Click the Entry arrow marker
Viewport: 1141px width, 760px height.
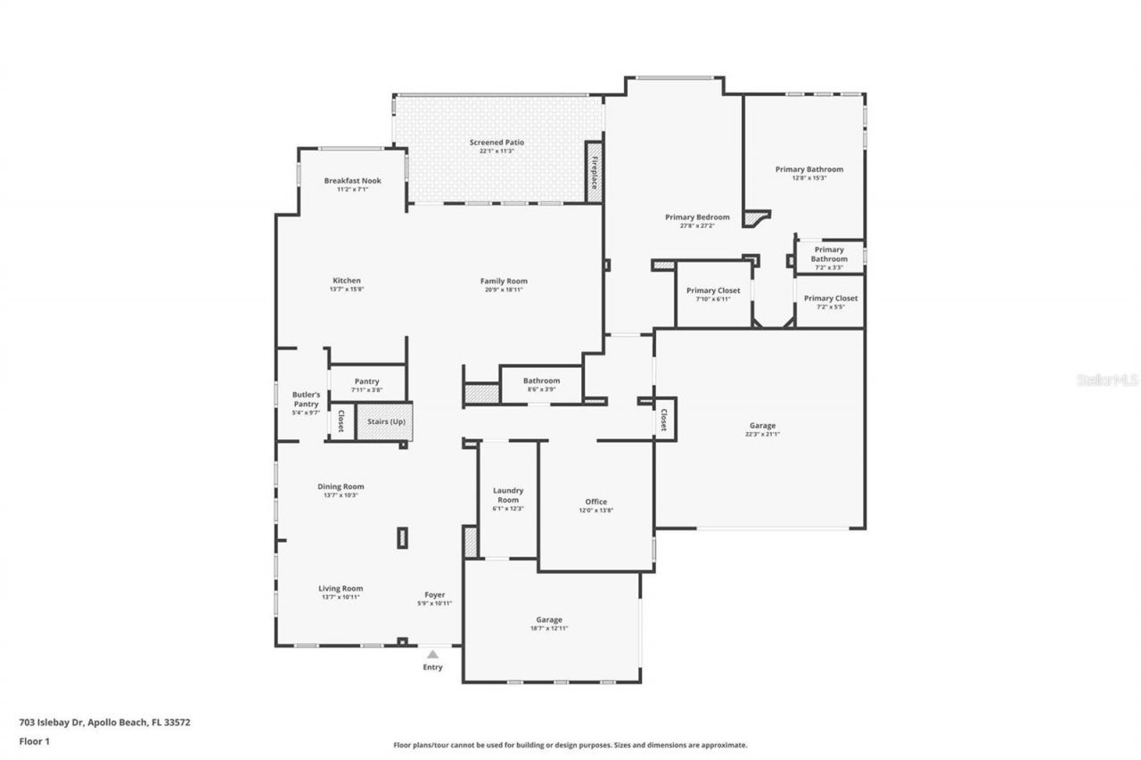coord(432,654)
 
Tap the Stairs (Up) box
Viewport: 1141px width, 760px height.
coord(383,421)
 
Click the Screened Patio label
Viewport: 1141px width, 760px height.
coord(497,143)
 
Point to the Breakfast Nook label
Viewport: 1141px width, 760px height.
coord(352,181)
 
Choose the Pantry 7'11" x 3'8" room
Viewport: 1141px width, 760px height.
coord(366,385)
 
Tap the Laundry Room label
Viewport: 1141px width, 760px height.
coord(508,494)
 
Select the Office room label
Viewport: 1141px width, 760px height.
coord(595,502)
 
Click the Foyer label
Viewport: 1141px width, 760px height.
coord(434,595)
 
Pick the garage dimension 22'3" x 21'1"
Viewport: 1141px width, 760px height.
coord(762,435)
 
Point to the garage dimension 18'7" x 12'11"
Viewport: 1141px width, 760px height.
coord(549,628)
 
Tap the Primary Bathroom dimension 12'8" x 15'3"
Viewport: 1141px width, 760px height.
coord(809,177)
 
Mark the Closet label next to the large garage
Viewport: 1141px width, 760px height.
coord(663,421)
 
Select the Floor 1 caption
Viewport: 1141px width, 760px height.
coord(34,740)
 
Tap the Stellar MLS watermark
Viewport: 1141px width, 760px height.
coord(1107,380)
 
